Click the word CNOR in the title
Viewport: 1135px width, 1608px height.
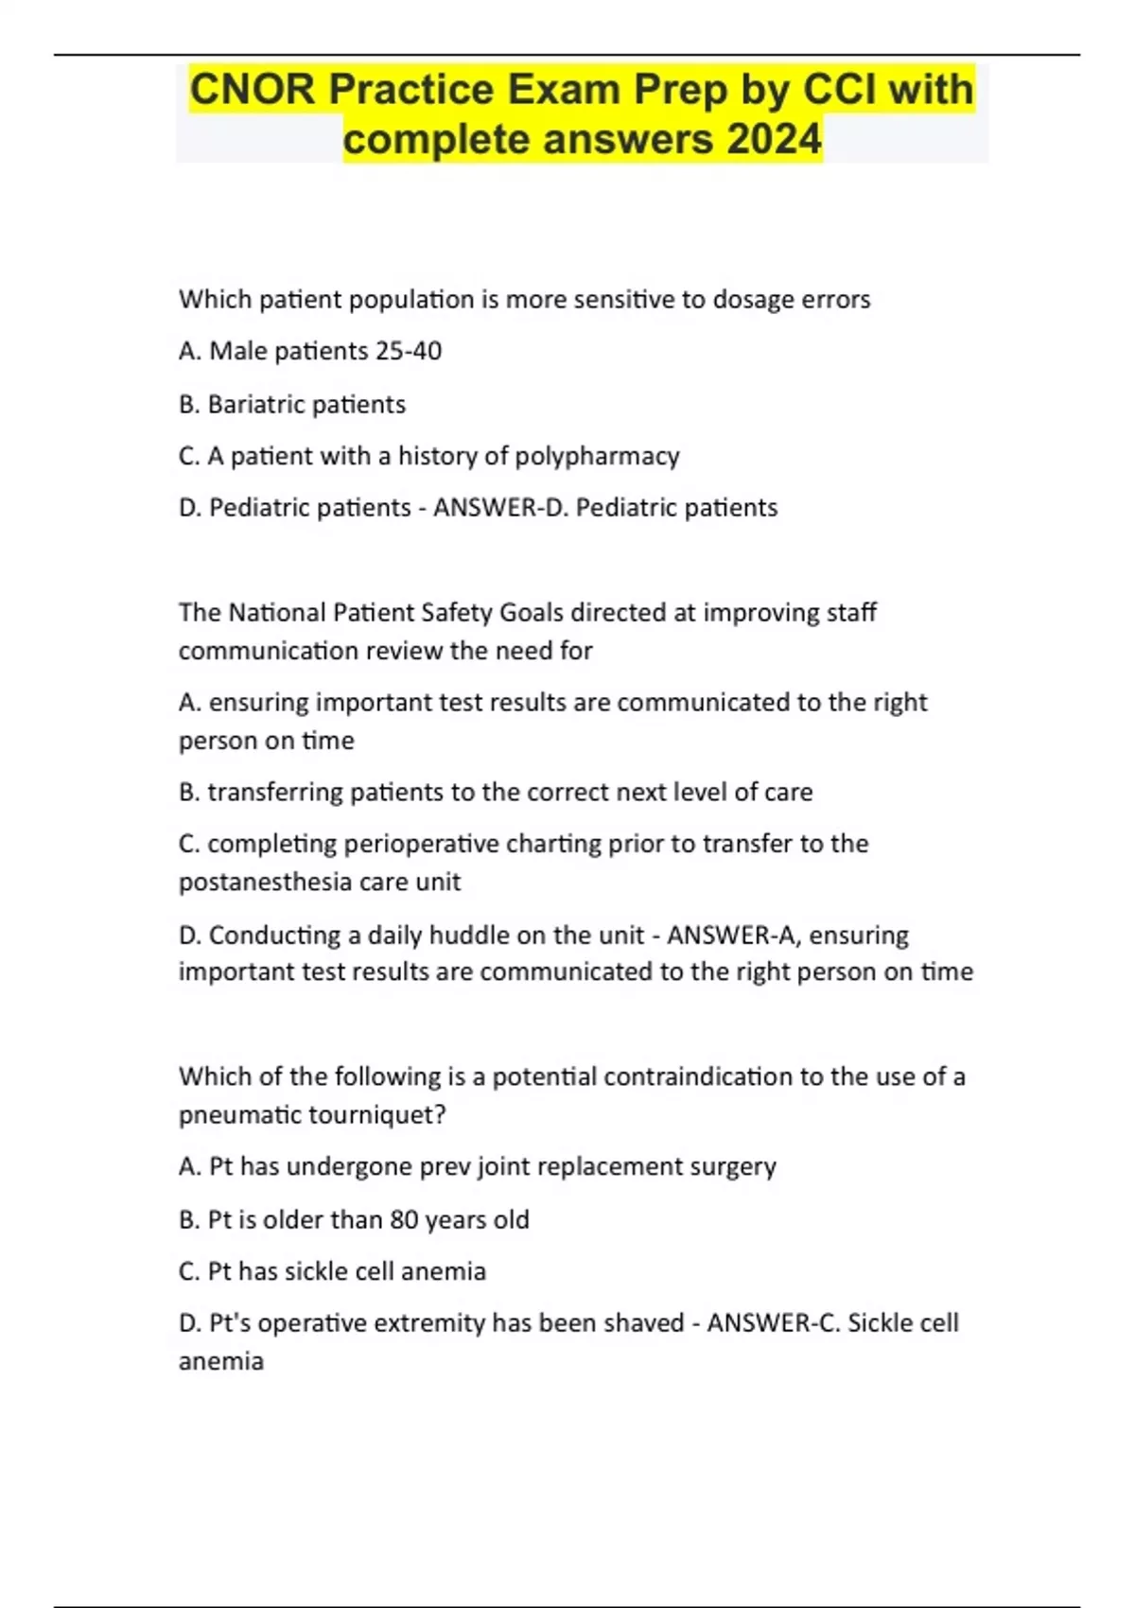250,90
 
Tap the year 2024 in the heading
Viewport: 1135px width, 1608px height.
775,139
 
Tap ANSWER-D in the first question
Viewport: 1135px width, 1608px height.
499,508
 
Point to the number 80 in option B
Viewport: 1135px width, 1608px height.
404,1219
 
